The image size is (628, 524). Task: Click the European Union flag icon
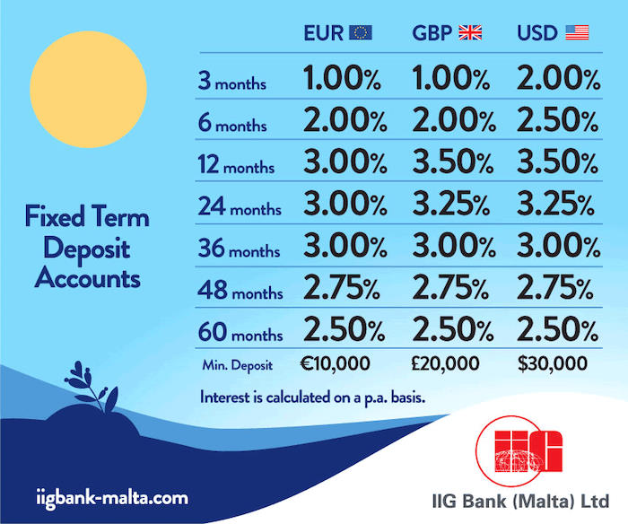[x=361, y=33]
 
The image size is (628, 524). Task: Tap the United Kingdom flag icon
[x=470, y=33]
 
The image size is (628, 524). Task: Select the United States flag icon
[x=577, y=33]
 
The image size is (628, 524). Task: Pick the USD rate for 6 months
[x=558, y=122]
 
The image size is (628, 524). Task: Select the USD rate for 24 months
[x=558, y=206]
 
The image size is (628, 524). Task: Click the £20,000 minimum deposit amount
[x=447, y=364]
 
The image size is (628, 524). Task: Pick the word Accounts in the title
[x=88, y=278]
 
